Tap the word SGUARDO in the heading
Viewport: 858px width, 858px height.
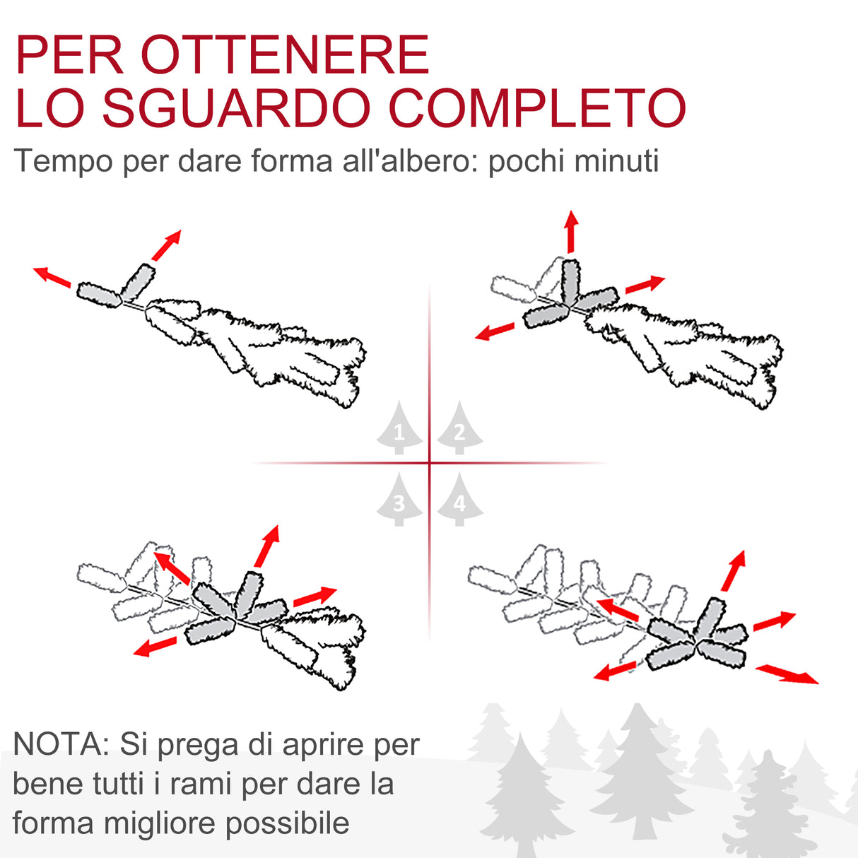tap(237, 107)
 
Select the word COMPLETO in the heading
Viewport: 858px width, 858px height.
tap(537, 107)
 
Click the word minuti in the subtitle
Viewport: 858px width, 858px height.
tap(616, 160)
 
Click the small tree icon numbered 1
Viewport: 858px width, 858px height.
tap(399, 430)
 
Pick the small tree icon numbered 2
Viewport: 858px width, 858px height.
tap(459, 430)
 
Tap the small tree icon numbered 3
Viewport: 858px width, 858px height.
tap(399, 501)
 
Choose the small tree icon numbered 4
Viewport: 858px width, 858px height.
tap(459, 501)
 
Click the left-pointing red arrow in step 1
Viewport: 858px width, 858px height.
tap(52, 276)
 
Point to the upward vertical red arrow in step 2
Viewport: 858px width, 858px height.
tap(571, 231)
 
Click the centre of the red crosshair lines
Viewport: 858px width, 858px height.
tap(430, 463)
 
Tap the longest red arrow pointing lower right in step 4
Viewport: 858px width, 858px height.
tap(787, 674)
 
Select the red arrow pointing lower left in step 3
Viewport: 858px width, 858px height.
tap(155, 646)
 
